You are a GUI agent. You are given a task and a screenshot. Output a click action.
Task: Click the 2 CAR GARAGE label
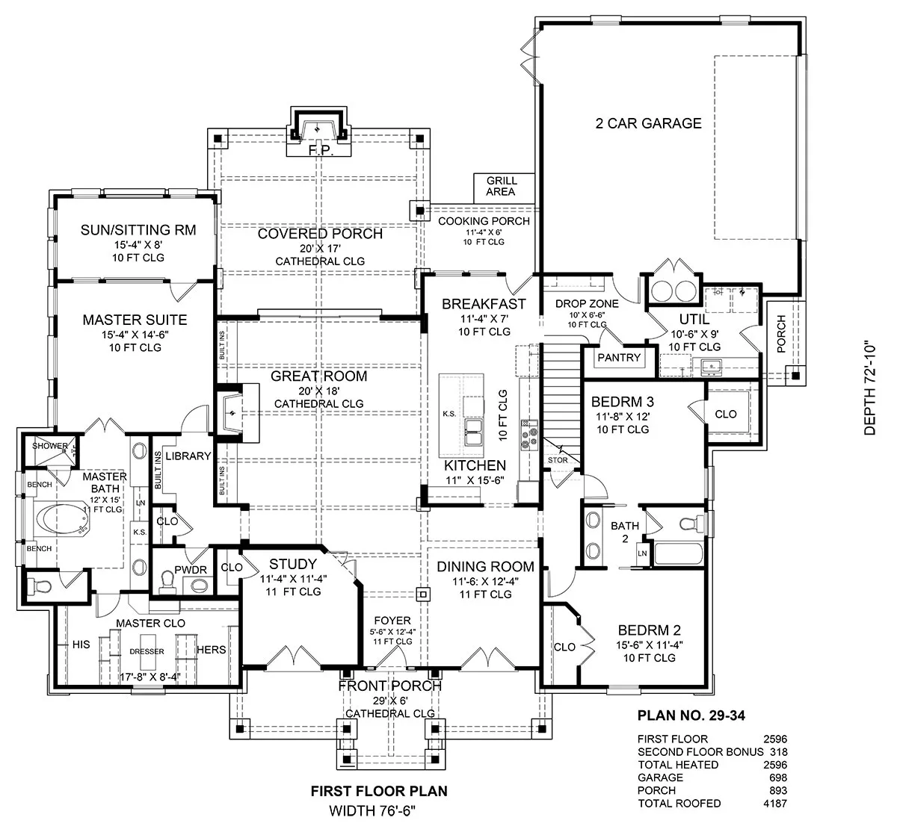[x=648, y=123]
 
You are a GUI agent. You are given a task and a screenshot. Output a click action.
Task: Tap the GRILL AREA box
[x=504, y=188]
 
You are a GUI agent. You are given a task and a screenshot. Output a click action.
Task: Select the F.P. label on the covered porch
[x=321, y=150]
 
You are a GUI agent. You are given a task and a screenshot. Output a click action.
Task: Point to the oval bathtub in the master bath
[x=61, y=519]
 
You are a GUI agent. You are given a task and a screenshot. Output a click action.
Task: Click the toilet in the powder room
[x=167, y=582]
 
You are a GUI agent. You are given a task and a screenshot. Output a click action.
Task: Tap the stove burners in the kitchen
[x=529, y=435]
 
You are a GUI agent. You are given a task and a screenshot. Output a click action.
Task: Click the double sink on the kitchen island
[x=473, y=432]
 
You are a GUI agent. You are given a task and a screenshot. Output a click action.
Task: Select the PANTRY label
[x=619, y=358]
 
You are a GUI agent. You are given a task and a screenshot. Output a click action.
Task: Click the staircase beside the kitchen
[x=561, y=403]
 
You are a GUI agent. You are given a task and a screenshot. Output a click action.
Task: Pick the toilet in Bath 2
[x=691, y=524]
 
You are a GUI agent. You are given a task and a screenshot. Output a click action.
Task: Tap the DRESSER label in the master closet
[x=147, y=651]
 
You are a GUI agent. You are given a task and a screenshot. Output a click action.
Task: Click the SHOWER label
[x=49, y=446]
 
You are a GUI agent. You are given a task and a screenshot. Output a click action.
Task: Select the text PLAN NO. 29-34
[x=691, y=716]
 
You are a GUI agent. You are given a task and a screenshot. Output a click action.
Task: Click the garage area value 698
[x=778, y=778]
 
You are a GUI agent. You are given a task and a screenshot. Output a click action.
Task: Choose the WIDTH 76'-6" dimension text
[x=372, y=811]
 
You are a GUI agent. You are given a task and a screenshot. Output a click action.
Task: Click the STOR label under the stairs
[x=558, y=460]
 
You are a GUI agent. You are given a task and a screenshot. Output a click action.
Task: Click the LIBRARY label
[x=188, y=456]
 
